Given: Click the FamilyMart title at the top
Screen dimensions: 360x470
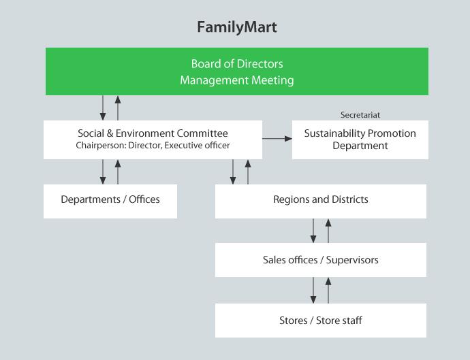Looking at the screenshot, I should [236, 27].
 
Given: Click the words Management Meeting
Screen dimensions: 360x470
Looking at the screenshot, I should [236, 80].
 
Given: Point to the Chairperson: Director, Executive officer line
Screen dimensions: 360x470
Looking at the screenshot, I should [153, 145].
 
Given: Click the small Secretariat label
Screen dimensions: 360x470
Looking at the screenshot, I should [360, 115].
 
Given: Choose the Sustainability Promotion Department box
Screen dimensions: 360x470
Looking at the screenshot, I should [360, 140].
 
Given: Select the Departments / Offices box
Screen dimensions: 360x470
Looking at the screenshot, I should [110, 200].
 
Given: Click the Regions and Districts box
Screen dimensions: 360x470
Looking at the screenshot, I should [320, 200].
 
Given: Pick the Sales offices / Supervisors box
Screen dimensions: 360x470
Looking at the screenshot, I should [320, 260].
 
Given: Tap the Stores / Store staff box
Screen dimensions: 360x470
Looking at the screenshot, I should [320, 321].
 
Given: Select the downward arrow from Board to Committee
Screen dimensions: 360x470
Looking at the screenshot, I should [103, 108].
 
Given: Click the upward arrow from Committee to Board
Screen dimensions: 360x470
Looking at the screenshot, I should [118, 108].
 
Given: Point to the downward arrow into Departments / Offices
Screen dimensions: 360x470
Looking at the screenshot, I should [103, 171].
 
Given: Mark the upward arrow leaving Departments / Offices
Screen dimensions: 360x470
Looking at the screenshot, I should [118, 171].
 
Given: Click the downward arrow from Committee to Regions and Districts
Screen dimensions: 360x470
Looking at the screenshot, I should [233, 171].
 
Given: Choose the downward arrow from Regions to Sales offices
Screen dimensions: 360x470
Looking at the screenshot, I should [313, 230].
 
